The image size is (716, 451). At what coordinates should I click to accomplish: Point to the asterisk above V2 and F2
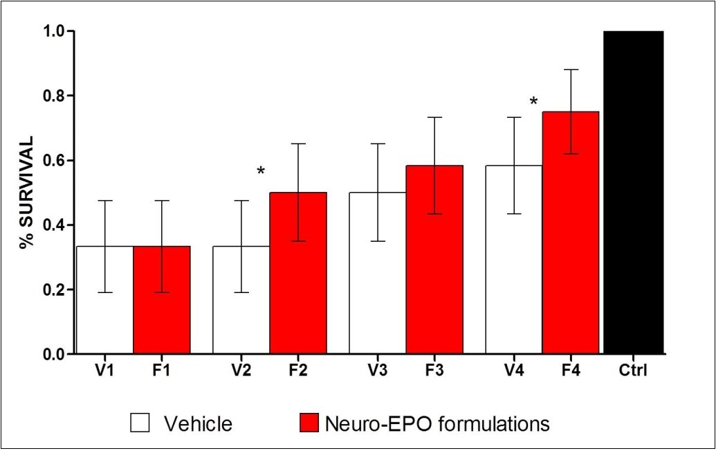261,171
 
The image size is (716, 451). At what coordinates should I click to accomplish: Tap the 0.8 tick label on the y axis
54,96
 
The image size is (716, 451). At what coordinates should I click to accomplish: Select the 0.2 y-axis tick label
54,290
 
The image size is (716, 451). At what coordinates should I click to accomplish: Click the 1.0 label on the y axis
54,31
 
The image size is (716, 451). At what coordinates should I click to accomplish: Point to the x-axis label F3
434,370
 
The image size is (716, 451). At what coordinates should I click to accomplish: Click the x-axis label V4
513,370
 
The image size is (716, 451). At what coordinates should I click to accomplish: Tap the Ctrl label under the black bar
632,370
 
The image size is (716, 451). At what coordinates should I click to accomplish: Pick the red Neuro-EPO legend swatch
308,423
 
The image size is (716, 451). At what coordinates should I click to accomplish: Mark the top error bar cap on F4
570,69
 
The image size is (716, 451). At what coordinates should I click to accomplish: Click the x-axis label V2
241,370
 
